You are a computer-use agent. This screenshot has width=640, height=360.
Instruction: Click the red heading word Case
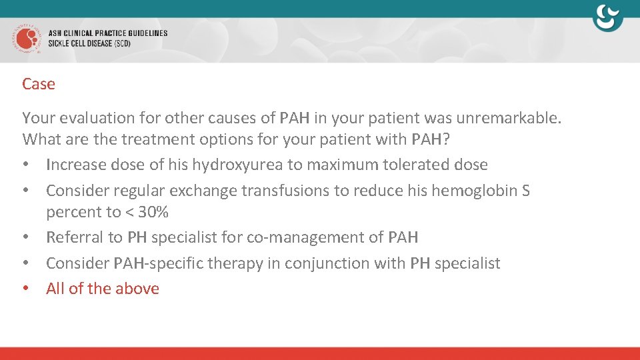tap(38, 84)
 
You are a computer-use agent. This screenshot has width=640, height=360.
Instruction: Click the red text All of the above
tap(103, 289)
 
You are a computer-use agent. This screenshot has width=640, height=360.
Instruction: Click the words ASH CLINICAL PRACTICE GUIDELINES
tap(108, 33)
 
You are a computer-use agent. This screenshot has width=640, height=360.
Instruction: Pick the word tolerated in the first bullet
tap(416, 165)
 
